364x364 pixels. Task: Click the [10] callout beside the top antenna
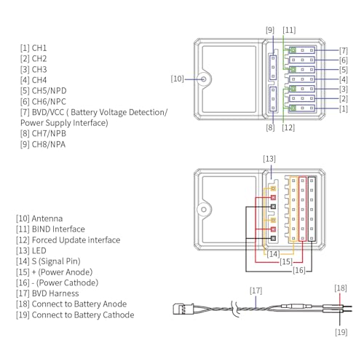tap(177, 79)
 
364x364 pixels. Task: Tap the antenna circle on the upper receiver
tap(204, 79)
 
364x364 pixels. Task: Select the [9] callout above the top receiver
tap(270, 30)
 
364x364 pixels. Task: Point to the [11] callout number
tap(289, 30)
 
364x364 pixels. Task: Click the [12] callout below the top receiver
tap(288, 127)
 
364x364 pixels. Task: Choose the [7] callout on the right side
tap(344, 51)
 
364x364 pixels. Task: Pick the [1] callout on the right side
tap(344, 108)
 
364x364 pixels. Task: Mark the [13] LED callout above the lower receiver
tap(269, 159)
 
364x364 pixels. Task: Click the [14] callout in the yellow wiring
tap(273, 254)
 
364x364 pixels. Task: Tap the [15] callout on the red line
tap(286, 262)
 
